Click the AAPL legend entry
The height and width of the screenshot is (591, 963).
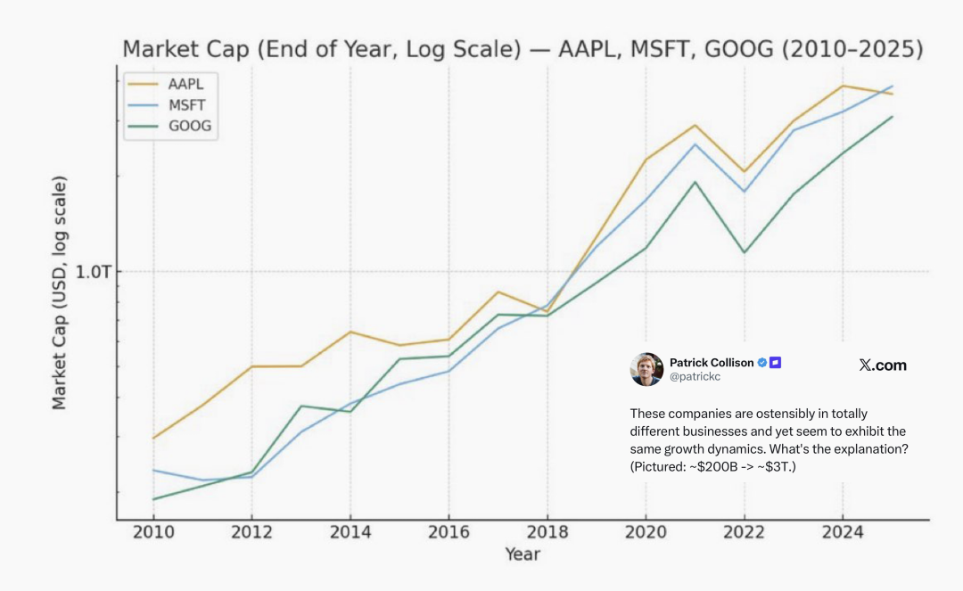(185, 85)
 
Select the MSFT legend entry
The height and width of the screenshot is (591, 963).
(186, 105)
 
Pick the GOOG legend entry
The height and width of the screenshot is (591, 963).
(189, 126)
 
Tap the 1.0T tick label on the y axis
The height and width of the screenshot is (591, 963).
(93, 272)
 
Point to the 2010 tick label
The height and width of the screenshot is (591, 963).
(153, 533)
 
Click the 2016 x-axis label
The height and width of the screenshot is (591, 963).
(449, 533)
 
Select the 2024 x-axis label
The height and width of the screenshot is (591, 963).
(842, 533)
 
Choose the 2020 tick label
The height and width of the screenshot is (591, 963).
(646, 533)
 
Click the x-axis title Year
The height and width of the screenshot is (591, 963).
(523, 554)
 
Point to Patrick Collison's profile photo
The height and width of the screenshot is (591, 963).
(646, 369)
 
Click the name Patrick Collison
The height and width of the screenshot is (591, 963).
(712, 363)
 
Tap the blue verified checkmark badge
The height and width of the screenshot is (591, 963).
(762, 363)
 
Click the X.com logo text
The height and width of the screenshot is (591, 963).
(882, 365)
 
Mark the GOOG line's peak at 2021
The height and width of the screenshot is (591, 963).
(695, 182)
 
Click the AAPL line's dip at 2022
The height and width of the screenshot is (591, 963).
(744, 172)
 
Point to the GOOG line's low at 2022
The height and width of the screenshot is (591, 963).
(744, 252)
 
